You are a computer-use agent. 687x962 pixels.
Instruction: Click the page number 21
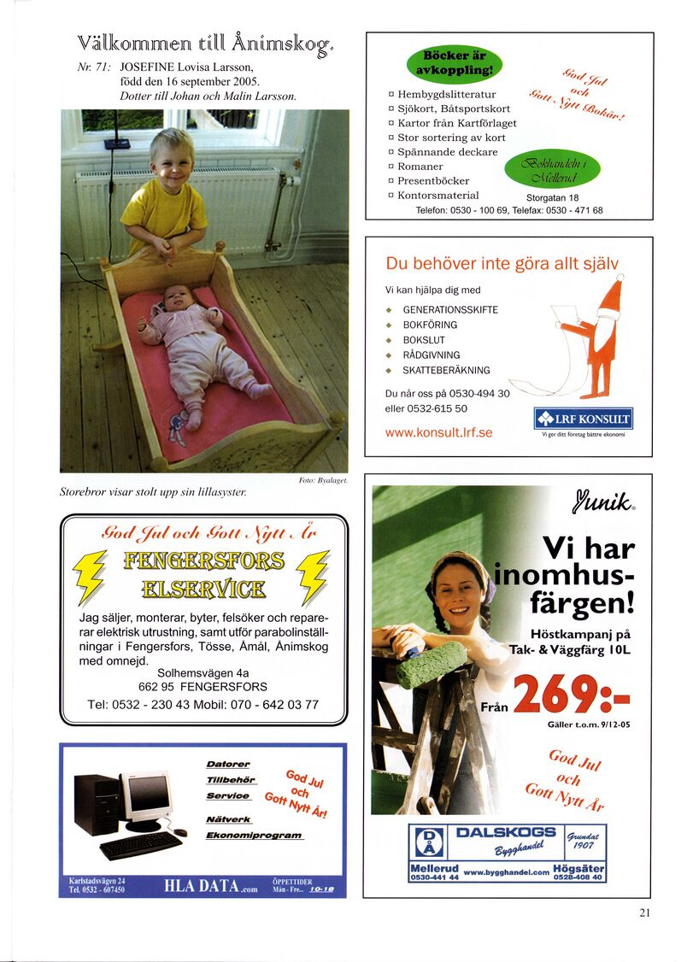pyautogui.click(x=644, y=912)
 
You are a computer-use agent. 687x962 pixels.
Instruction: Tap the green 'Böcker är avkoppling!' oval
pyautogui.click(x=454, y=62)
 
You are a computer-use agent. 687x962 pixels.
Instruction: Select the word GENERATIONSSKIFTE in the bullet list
pyautogui.click(x=450, y=310)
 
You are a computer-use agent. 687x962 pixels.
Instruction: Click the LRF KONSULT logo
pyautogui.click(x=583, y=419)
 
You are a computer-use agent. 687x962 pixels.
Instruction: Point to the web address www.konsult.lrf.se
pyautogui.click(x=438, y=432)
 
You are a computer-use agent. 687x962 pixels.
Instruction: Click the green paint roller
pyautogui.click(x=432, y=664)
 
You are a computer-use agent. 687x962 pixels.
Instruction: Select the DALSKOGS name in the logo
pyautogui.click(x=506, y=832)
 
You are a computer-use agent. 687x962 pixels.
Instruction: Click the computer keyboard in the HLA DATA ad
pyautogui.click(x=140, y=844)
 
